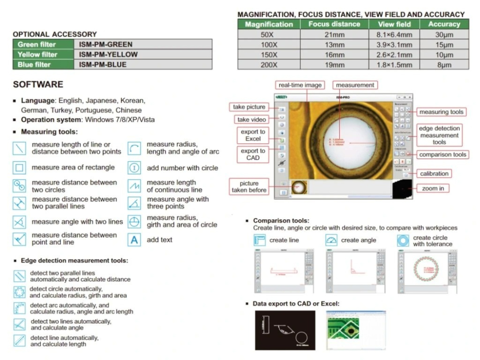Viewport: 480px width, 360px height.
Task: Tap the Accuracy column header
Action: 444,24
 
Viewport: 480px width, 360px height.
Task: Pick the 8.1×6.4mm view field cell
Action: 394,35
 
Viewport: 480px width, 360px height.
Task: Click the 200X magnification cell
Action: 269,65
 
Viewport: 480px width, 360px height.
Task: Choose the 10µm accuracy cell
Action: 444,55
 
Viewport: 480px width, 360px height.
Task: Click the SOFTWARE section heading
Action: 38,84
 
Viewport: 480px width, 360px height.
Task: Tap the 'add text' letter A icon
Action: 135,240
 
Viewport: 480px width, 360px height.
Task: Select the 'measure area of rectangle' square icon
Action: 19,168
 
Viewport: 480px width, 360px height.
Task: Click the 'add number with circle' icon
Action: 135,168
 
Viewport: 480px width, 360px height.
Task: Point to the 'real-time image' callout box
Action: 300,85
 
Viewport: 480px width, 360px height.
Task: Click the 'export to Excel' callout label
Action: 253,135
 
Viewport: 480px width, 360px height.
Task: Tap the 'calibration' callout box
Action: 434,173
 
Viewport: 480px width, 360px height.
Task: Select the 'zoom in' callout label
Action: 433,188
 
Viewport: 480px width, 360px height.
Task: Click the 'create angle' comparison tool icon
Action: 332,240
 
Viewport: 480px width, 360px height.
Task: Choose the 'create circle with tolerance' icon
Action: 403,240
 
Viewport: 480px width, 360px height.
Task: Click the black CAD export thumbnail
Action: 285,330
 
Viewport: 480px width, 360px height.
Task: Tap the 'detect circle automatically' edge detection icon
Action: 19,292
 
